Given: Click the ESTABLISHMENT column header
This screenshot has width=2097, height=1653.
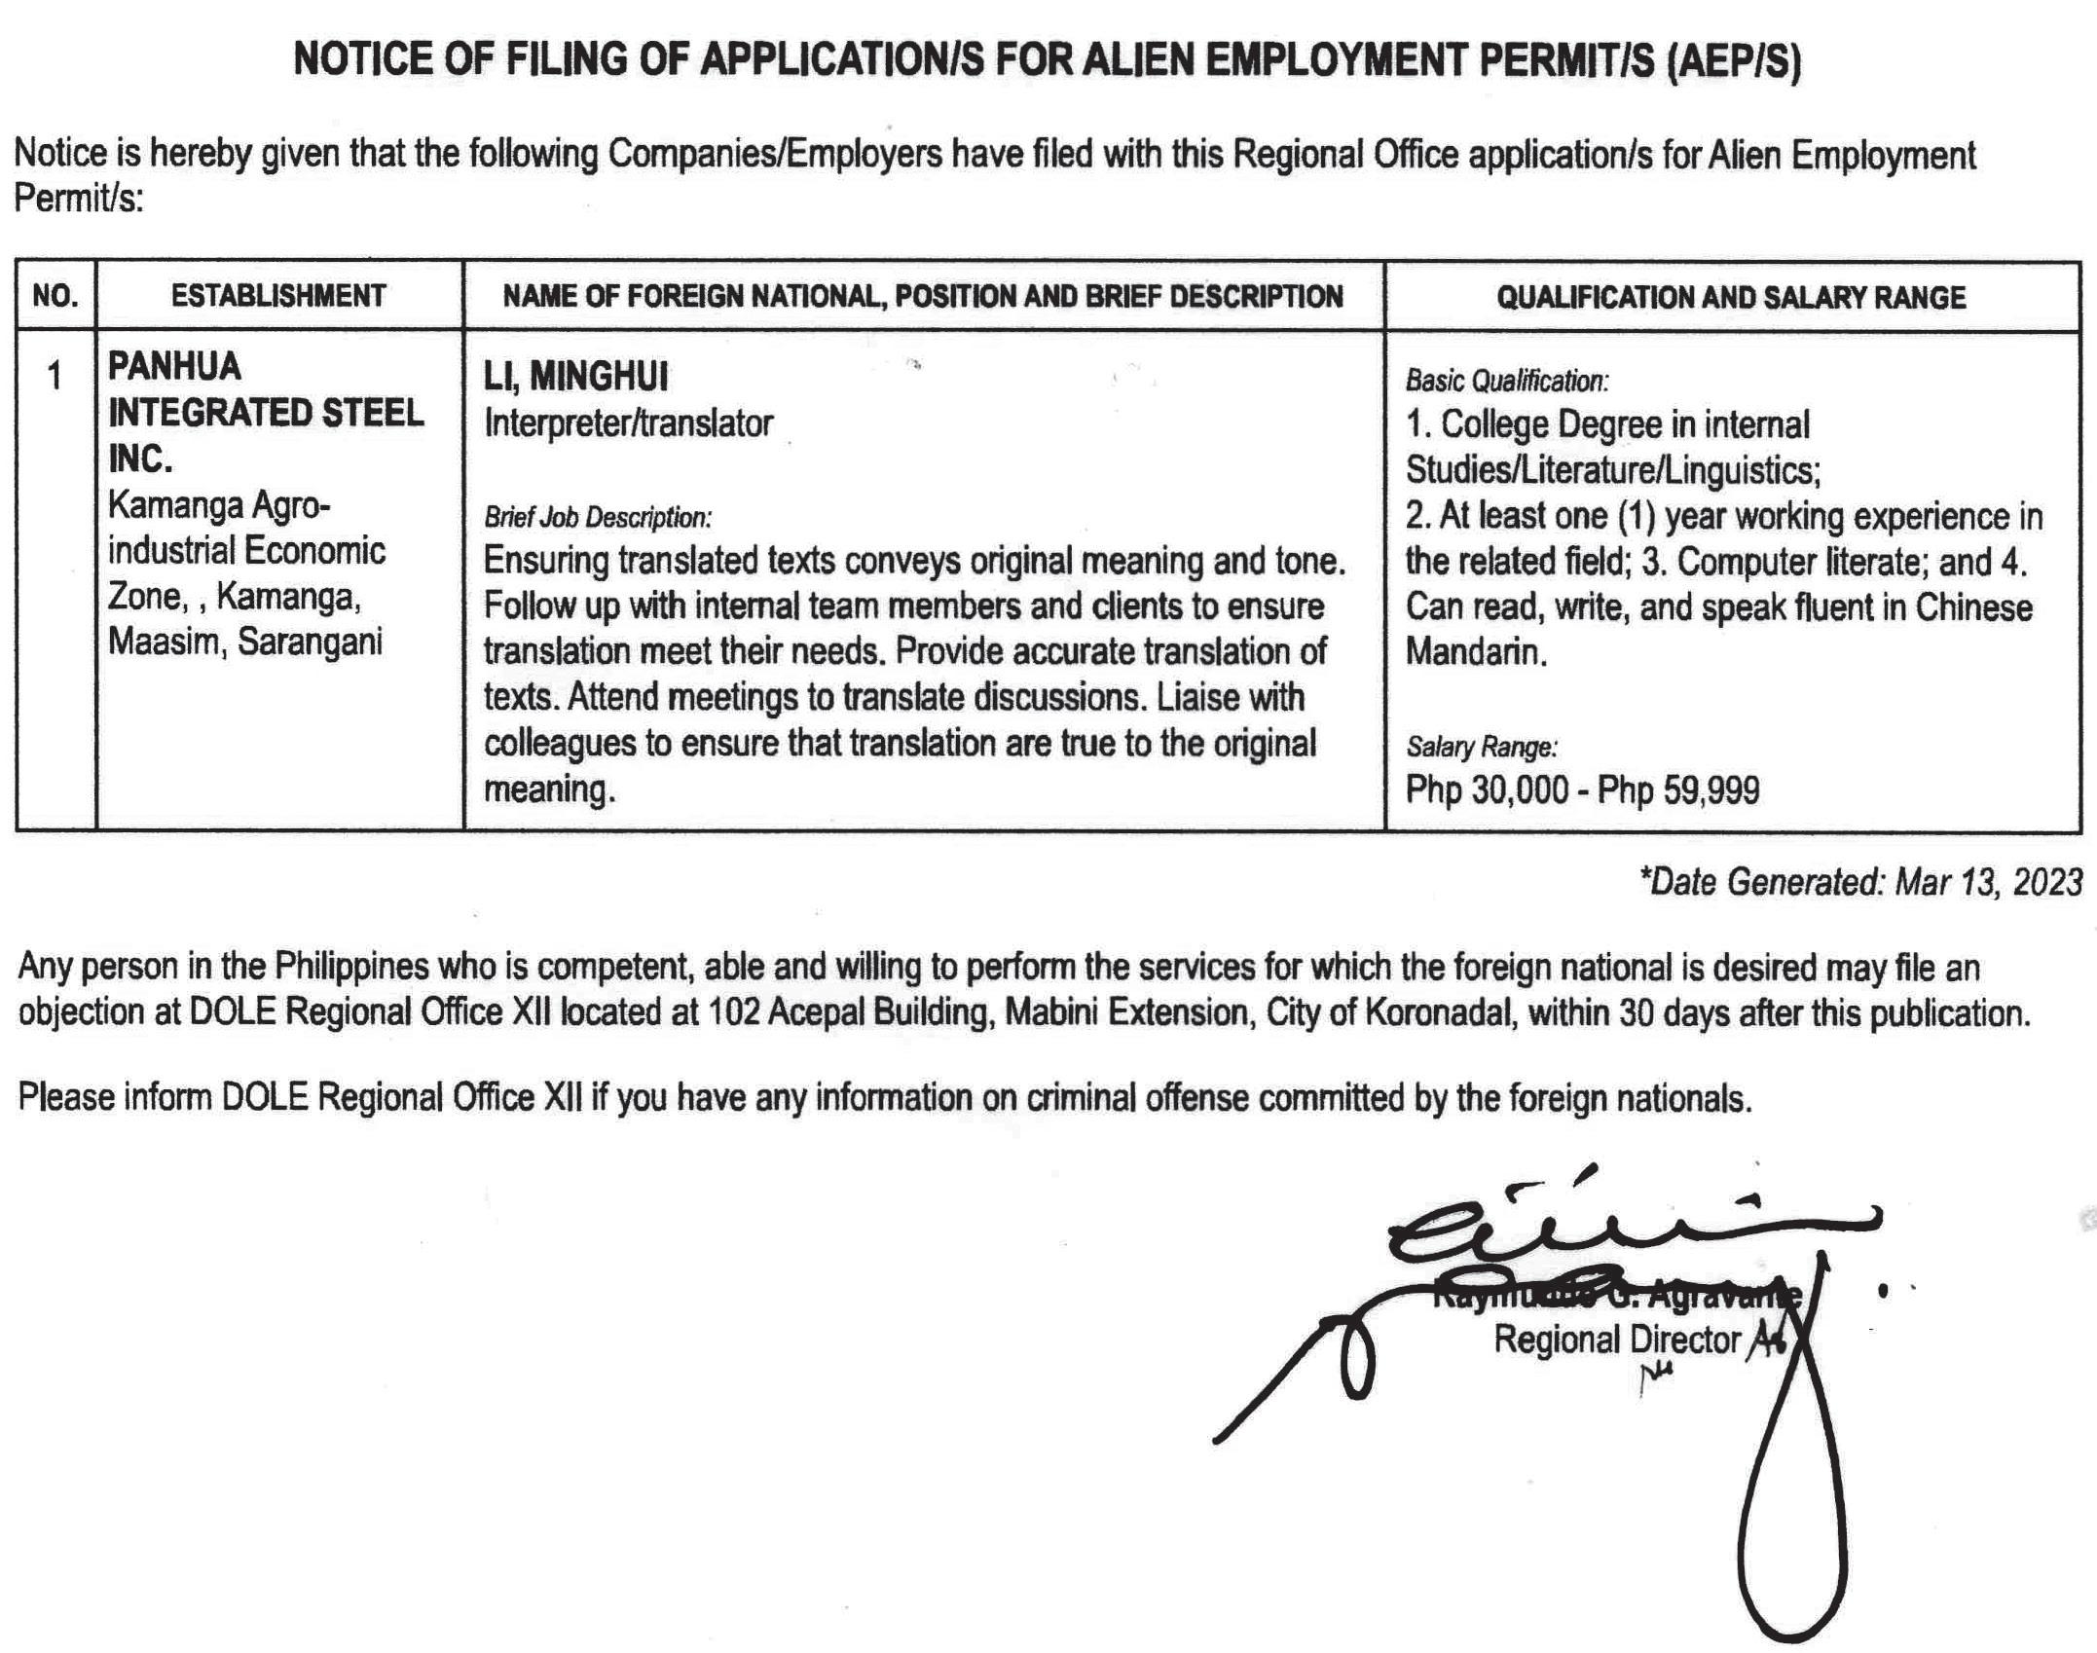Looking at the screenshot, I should [278, 296].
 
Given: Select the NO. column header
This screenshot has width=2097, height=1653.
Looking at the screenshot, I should [55, 296].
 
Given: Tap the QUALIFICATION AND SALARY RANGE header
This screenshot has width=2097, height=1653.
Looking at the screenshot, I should [1731, 297].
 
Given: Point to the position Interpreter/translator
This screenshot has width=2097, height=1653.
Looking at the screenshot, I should [628, 423].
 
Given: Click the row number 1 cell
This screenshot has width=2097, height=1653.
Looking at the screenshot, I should [55, 376].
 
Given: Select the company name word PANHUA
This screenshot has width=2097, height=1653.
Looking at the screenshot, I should [174, 367].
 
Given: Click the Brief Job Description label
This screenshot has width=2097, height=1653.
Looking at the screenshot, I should [598, 517].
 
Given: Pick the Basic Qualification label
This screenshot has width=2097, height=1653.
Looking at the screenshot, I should [1506, 381].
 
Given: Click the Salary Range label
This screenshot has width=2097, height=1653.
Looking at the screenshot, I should [1481, 747].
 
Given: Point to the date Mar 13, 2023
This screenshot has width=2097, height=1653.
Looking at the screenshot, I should [1989, 882].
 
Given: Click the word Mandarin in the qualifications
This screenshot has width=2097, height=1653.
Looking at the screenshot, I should [1476, 651].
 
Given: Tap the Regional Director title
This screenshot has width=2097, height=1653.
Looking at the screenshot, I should [1616, 1340].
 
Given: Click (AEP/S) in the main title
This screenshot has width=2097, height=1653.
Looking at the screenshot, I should [1733, 60].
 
